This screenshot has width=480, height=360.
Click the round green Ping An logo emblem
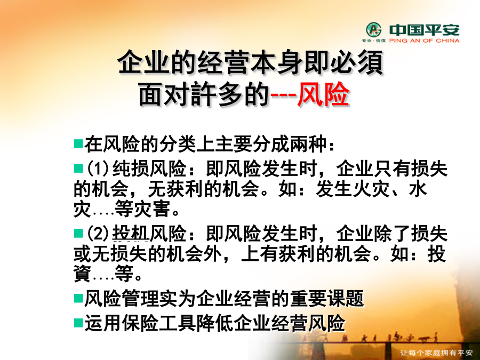coord(374,30)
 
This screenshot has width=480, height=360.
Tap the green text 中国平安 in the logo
coord(425,30)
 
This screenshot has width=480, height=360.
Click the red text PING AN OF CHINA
coord(425,41)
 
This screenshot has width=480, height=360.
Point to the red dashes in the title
coord(284,95)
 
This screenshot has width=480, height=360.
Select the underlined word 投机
coord(131,233)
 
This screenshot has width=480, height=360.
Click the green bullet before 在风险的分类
coord(79,143)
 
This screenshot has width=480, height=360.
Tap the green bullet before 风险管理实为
coord(79,298)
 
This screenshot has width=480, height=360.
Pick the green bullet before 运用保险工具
coord(79,323)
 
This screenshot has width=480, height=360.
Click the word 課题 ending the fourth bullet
coord(346,298)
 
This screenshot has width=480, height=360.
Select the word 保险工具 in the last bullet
coord(159,323)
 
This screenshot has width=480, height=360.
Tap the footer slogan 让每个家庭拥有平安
coord(436,353)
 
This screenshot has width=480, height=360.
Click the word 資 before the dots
coord(82,273)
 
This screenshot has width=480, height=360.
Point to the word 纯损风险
coord(149,169)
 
